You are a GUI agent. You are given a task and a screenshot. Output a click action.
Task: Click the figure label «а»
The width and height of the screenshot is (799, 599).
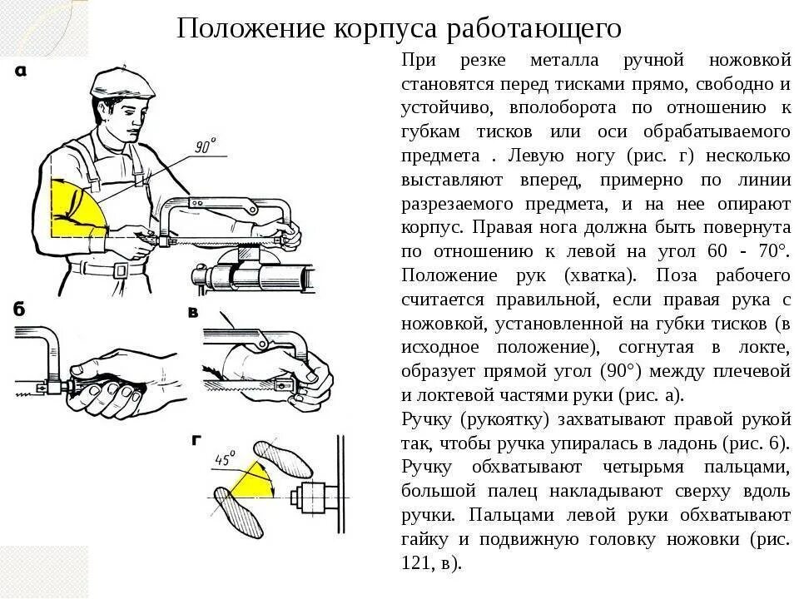point(20,72)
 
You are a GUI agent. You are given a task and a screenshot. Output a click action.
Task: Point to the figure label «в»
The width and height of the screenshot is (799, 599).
point(193,314)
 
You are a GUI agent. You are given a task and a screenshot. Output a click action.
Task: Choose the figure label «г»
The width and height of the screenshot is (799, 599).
point(196,441)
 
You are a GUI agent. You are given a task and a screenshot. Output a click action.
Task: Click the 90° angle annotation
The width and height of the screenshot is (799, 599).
point(205,146)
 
